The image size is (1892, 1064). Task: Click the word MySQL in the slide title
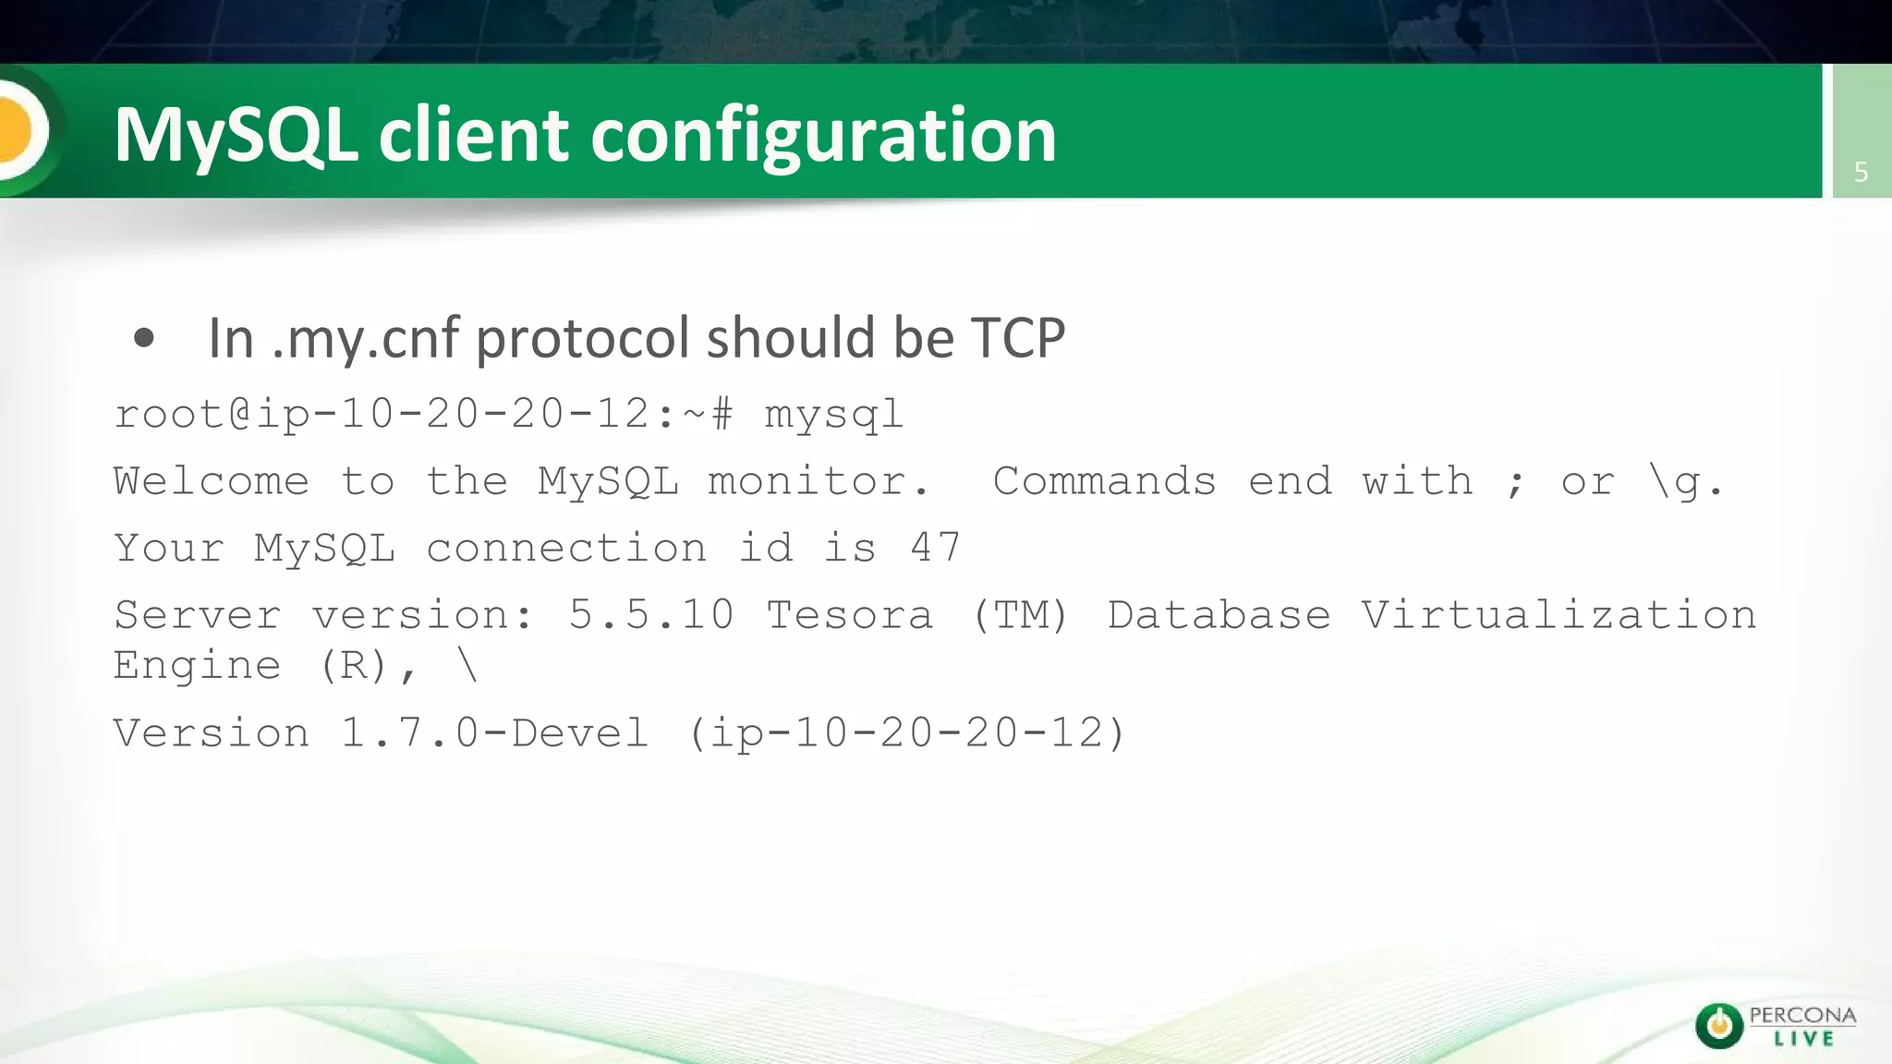236,135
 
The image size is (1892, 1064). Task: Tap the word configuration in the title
822,137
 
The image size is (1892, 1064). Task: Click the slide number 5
1861,172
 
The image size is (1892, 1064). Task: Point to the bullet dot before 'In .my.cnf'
143,338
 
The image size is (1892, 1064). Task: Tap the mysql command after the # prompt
833,415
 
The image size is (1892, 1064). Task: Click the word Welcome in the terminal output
211,481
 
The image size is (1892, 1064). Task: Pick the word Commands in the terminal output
1104,481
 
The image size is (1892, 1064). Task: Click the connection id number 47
935,548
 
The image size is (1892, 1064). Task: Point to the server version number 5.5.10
651,615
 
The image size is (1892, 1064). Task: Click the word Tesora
850,615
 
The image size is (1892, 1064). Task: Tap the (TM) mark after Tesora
1020,615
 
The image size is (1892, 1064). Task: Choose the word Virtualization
1558,615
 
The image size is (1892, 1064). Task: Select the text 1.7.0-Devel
494,733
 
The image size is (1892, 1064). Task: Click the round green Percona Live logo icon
1718,1025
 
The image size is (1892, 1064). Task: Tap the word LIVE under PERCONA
1803,1039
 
